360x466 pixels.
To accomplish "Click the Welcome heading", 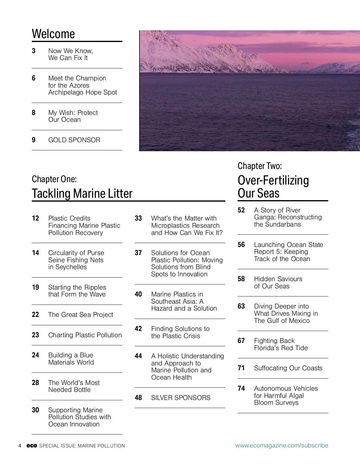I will pos(53,34).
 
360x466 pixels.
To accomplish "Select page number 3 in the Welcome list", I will pos(34,51).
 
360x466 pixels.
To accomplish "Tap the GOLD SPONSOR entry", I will pos(74,140).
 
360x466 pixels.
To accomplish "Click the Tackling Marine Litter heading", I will pos(82,194).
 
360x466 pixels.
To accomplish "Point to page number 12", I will pos(35,218).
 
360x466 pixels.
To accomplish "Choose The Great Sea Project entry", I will pos(80,315).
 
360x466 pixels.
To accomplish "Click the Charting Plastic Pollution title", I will pos(85,335).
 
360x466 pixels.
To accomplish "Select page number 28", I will pos(35,383).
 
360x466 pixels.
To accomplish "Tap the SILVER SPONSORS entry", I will pos(181,398).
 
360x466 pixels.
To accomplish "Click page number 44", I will pos(138,356).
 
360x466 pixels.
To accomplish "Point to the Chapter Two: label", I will pos(259,166).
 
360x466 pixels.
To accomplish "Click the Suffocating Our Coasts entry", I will pos(288,368).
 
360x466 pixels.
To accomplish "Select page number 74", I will pos(241,389).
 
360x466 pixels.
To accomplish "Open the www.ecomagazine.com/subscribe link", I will pos(281,446).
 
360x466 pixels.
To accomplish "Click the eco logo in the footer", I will pos(31,446).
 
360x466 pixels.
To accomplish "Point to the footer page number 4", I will pos(20,446).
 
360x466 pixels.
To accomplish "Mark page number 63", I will pos(241,306).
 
